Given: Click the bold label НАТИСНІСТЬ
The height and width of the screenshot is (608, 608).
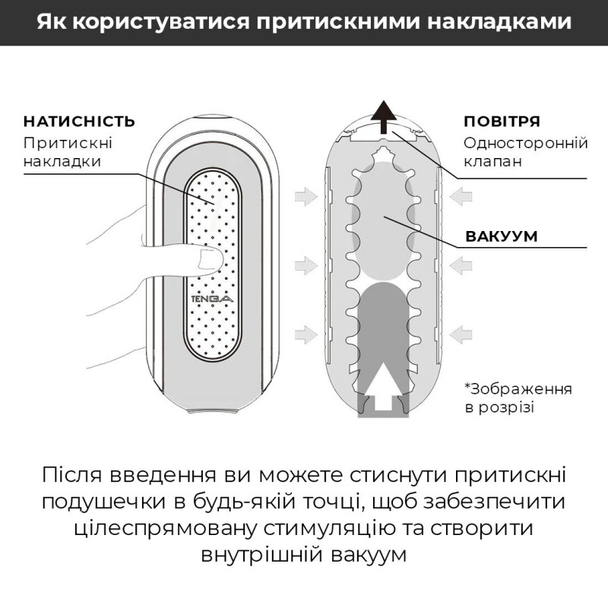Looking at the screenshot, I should click(x=79, y=122).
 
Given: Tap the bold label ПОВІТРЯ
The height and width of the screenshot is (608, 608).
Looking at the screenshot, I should click(x=502, y=122).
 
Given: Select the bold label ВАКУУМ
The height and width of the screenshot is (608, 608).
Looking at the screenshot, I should click(x=502, y=236).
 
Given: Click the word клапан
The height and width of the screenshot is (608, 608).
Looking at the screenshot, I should click(x=492, y=162).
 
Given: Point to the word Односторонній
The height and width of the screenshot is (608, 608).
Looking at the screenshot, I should click(x=515, y=142).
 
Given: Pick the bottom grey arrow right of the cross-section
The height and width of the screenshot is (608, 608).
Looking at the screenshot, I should click(x=461, y=332).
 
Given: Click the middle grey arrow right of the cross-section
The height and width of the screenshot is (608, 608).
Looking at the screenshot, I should click(x=461, y=264).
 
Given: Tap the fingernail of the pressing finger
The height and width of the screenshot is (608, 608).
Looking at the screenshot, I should click(x=207, y=261).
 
